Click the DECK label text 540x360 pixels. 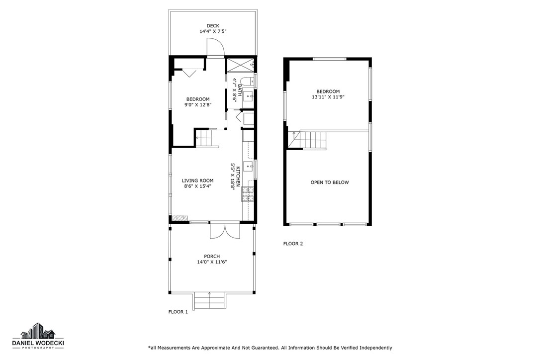[213, 26]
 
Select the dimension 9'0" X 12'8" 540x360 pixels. [198, 105]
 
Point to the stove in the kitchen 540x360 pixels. [248, 193]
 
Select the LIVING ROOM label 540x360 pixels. [197, 180]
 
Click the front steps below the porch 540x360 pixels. [209, 300]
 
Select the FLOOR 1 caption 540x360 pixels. [179, 312]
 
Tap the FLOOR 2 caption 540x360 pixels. [293, 244]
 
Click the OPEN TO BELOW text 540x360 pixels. [330, 182]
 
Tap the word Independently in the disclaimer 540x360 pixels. [376, 348]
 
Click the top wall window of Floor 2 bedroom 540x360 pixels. [329, 59]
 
